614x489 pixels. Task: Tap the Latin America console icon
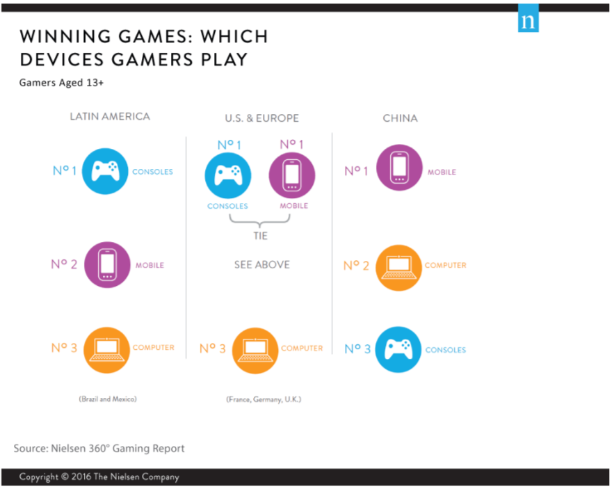[x=106, y=171]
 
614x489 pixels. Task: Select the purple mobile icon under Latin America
[x=106, y=264]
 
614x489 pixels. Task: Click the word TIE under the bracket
[x=259, y=235]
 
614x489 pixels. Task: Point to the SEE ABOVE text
[x=261, y=265]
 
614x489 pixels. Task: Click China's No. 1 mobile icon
[x=399, y=167]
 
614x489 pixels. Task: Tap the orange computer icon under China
[x=399, y=267]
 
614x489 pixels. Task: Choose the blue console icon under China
[x=398, y=349]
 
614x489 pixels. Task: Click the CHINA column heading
[x=400, y=118]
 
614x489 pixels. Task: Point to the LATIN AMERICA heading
[x=110, y=116]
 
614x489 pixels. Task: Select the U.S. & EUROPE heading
[x=261, y=118]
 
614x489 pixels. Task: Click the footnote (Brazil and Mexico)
[x=107, y=399]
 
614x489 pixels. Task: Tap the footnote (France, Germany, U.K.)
[x=264, y=399]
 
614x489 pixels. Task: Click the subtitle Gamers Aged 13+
[x=61, y=83]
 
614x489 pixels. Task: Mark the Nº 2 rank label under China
[x=357, y=266]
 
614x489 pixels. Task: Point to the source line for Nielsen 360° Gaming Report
[x=99, y=449]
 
